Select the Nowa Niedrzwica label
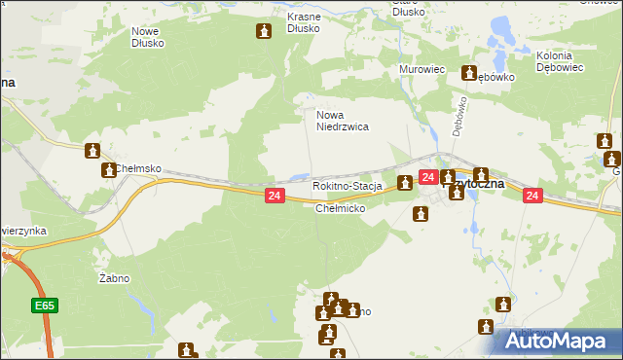pyautogui.click(x=342, y=121)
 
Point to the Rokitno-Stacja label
pyautogui.click(x=347, y=186)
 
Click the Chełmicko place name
pyautogui.click(x=340, y=208)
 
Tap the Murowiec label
pyautogui.click(x=421, y=70)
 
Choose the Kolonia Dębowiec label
pyautogui.click(x=559, y=62)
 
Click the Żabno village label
pyautogui.click(x=115, y=278)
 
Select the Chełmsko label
pyautogui.click(x=137, y=168)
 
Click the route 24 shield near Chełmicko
pyautogui.click(x=274, y=197)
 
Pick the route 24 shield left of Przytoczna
pyautogui.click(x=427, y=176)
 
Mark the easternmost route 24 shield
pyautogui.click(x=531, y=196)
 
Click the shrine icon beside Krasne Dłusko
pyautogui.click(x=263, y=33)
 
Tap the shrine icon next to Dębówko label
pyautogui.click(x=469, y=74)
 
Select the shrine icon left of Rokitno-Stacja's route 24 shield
pyautogui.click(x=405, y=182)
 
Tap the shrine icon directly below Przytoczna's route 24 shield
pyautogui.click(x=421, y=214)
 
